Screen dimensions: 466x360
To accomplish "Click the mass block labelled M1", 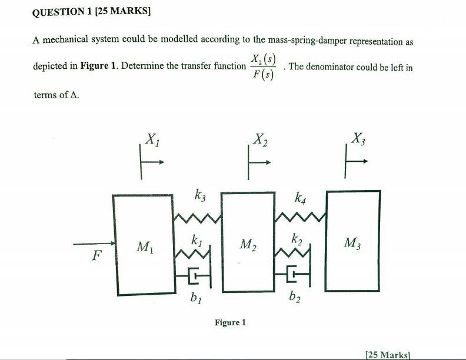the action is click(144, 245).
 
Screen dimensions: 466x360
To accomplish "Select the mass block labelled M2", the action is click(248, 242).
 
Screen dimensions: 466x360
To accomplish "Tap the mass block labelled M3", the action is click(353, 241).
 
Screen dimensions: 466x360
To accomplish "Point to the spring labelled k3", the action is click(197, 218).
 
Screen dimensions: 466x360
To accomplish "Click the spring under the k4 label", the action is click(301, 217).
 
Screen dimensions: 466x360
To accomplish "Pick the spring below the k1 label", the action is click(192, 254).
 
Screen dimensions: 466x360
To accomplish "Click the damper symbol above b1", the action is click(194, 276).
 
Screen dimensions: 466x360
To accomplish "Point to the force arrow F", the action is click(94, 244).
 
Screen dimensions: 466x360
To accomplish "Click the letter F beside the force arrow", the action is click(96, 255).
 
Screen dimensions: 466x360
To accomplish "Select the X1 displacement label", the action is click(152, 139).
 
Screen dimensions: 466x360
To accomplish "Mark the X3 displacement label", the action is click(358, 138).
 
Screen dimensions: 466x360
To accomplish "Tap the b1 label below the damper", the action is click(196, 298).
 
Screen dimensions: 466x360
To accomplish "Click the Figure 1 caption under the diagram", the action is click(230, 322).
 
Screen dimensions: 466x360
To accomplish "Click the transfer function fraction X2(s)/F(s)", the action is click(264, 67).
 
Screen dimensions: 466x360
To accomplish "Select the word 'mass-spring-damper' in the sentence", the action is click(307, 41).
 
